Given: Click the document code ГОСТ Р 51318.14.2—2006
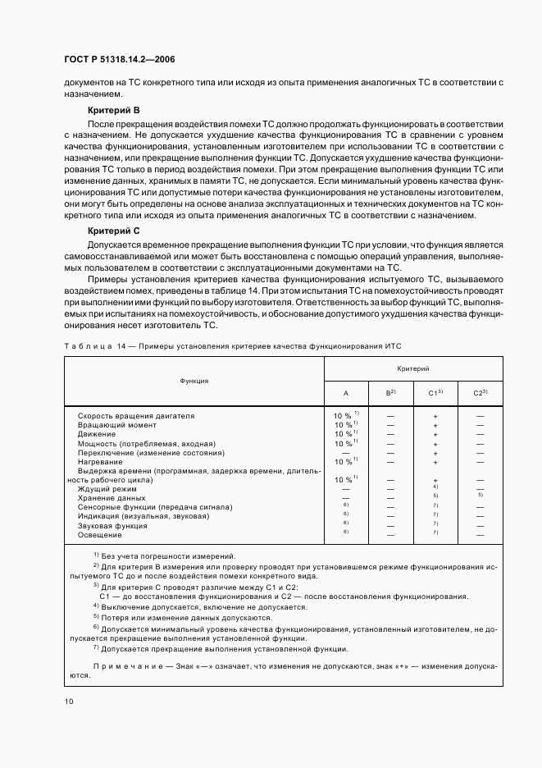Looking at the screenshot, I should (118, 60).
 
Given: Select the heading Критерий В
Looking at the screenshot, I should (113, 109).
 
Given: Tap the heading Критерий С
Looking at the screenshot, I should (113, 231).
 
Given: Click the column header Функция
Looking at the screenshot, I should (194, 381).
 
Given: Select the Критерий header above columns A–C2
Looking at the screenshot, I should (413, 369).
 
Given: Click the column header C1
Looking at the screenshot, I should (435, 393).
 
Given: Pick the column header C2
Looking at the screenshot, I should (481, 393).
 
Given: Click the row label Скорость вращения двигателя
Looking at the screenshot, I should (136, 416).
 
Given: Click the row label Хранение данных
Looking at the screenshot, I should (112, 498).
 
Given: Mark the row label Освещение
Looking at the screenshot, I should (99, 534).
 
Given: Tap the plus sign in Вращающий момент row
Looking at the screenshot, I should (435, 426).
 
